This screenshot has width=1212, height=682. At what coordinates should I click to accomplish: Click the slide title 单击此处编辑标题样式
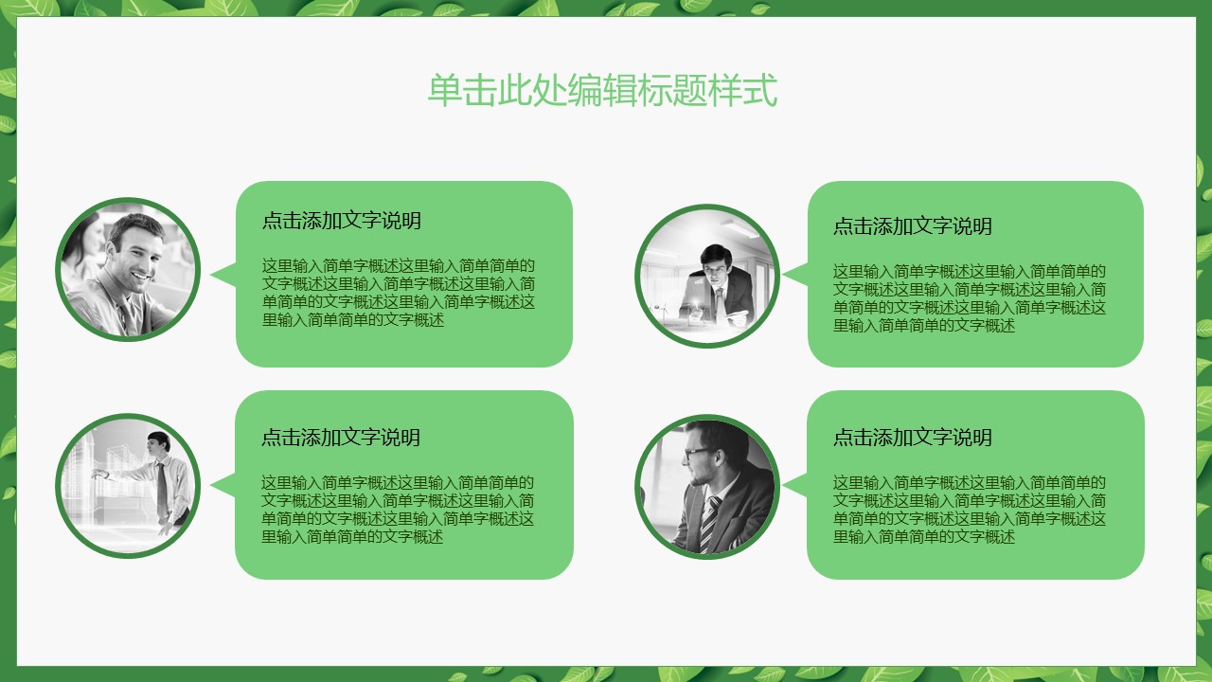pyautogui.click(x=602, y=91)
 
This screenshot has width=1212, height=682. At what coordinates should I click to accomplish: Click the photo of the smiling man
pyautogui.click(x=128, y=269)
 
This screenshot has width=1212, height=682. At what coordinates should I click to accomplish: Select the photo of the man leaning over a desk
pyautogui.click(x=707, y=275)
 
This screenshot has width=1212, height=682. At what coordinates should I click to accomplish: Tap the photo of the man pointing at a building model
pyautogui.click(x=128, y=485)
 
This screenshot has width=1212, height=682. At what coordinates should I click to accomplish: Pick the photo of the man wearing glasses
pyautogui.click(x=707, y=486)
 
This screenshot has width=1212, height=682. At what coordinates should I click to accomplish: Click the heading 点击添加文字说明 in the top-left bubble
pyautogui.click(x=341, y=222)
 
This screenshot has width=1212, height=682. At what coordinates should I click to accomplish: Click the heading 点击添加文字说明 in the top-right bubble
pyautogui.click(x=912, y=226)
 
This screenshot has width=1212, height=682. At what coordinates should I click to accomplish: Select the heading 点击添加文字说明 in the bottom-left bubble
pyautogui.click(x=341, y=438)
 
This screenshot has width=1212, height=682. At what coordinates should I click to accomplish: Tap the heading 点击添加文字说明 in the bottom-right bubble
pyautogui.click(x=912, y=438)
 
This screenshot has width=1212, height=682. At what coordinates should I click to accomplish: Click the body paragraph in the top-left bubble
pyautogui.click(x=398, y=293)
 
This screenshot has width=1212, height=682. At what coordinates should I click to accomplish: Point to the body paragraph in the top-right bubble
pyautogui.click(x=969, y=298)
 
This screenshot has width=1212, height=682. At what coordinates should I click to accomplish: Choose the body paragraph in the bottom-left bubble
pyautogui.click(x=398, y=510)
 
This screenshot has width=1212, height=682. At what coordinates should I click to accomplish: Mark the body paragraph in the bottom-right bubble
pyautogui.click(x=969, y=510)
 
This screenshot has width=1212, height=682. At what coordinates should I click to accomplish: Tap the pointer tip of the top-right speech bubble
pyautogui.click(x=785, y=276)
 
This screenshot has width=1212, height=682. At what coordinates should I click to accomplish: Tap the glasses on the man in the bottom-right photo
pyautogui.click(x=696, y=453)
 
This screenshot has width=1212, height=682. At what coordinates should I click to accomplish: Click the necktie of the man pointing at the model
pyautogui.click(x=162, y=488)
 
